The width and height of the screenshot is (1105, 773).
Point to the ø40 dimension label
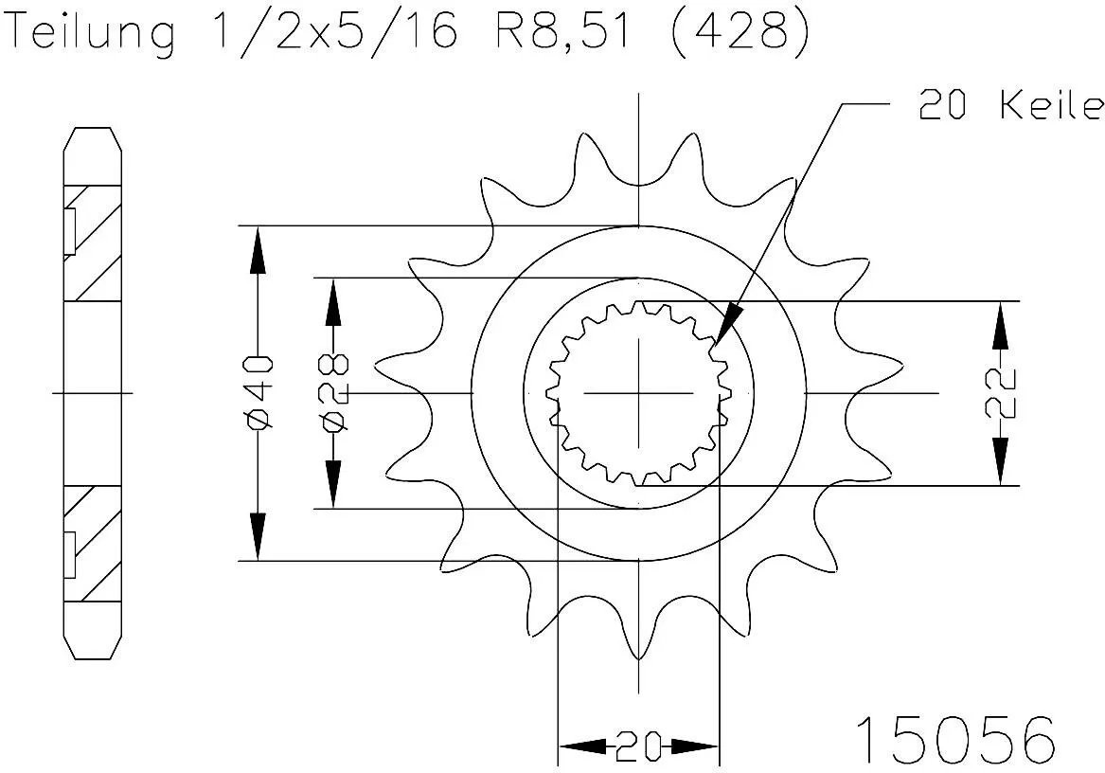point(258,393)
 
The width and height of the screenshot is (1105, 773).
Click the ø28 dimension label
point(333,393)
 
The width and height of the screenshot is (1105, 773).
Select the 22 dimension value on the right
point(1002,393)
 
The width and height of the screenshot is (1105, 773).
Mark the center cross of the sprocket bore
point(639,392)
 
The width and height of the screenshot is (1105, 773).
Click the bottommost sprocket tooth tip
point(639,656)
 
